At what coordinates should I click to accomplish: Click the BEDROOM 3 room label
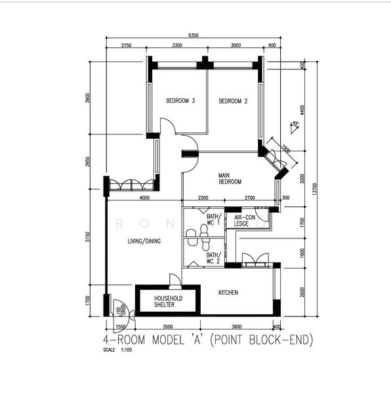click(180, 101)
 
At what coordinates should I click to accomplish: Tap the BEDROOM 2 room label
click(233, 101)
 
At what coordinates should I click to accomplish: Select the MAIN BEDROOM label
click(230, 178)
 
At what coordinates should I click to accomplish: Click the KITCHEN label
click(228, 292)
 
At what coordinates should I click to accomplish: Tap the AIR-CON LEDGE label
click(241, 219)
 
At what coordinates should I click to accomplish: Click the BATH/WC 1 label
click(213, 219)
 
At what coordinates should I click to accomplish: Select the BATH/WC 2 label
click(213, 259)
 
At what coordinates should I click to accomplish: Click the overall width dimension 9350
click(194, 35)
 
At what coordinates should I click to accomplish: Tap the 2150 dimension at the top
click(127, 46)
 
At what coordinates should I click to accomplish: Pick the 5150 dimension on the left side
click(96, 241)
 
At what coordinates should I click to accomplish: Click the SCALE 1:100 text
click(117, 350)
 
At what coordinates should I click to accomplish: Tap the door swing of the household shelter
click(174, 282)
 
